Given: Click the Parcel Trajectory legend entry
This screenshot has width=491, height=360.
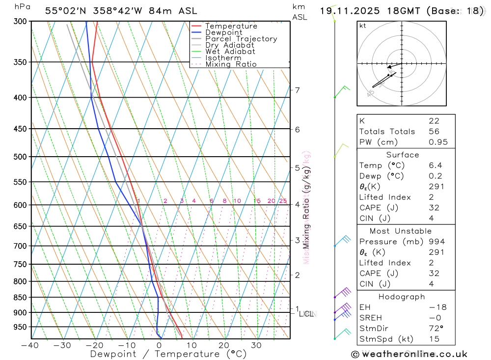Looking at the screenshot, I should pos(241,39).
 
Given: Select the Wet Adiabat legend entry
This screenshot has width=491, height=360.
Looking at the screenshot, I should pos(230,52).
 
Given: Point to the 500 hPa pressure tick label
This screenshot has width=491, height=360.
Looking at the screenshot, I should pos(20,157).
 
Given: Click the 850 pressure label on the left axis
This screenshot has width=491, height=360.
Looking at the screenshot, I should pos(20,298).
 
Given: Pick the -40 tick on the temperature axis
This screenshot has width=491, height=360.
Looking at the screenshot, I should pos(30,345).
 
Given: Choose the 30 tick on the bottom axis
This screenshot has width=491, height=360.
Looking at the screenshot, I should pos(256,345).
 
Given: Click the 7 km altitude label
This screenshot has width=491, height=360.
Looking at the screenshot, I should pos(298,90).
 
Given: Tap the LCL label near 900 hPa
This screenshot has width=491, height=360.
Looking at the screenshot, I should pos(306,314).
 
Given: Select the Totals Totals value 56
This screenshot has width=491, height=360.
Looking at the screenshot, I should pos(434,132).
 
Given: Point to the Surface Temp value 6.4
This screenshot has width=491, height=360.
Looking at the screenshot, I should pos(434,166).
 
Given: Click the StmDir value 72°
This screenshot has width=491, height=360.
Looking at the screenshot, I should pos(435,328).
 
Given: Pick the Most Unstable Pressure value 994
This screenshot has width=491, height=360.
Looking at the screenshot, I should pos(436,242).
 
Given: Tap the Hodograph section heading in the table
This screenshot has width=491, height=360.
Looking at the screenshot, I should pos(402,297).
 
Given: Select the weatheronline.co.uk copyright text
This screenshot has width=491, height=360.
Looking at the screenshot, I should pos(409,354).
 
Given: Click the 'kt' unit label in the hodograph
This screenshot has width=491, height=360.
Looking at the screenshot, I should pos(363,26).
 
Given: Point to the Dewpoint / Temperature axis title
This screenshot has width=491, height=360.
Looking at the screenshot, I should pos(168,354).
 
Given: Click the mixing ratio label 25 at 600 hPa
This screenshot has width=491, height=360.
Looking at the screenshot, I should pos(283,201).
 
